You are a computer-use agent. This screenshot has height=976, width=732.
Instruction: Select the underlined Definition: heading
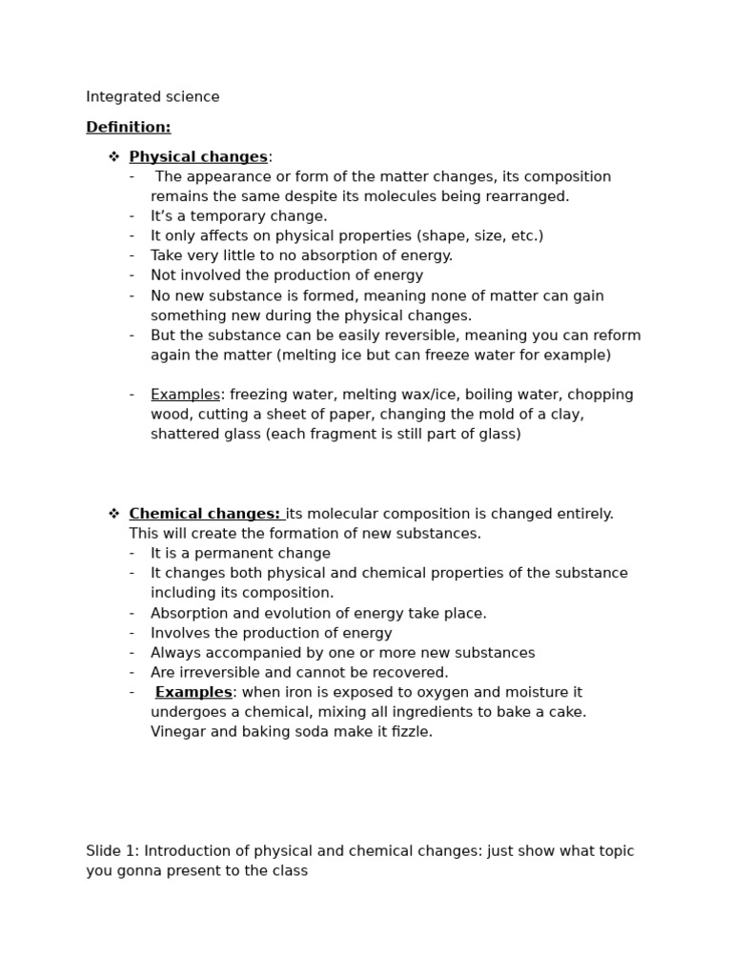coord(128,127)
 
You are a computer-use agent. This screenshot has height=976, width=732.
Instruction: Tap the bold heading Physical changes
coord(198,157)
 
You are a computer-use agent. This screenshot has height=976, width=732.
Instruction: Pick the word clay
coord(563,415)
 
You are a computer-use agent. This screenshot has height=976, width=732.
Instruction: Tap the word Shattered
coord(183,435)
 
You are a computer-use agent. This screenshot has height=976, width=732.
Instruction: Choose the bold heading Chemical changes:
coord(204,514)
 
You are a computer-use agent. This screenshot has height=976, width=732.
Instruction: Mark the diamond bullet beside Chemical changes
coord(113,514)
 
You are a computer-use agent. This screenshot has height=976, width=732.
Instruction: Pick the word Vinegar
coord(178,732)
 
